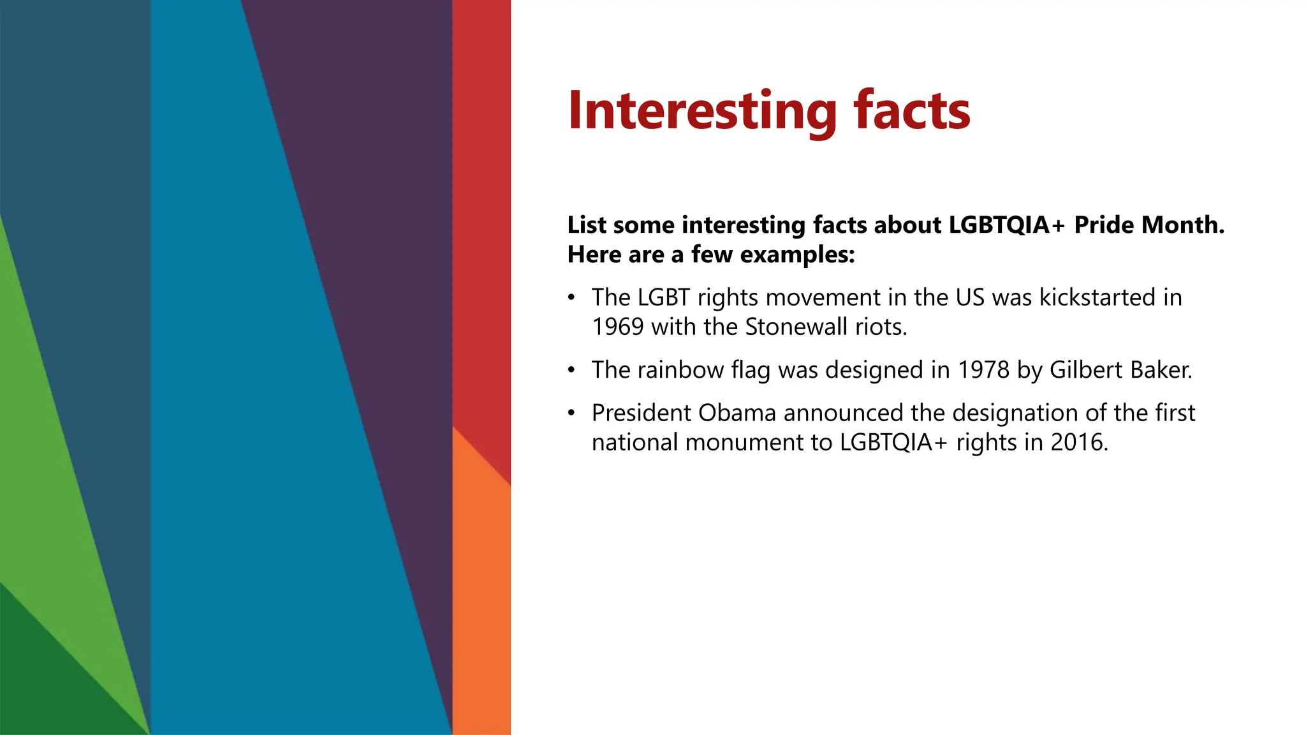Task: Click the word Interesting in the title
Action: [x=702, y=111]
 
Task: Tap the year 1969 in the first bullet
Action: [x=617, y=327]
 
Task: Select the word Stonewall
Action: [x=787, y=327]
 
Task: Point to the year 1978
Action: [x=984, y=370]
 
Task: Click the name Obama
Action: [x=737, y=413]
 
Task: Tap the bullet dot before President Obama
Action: [x=572, y=413]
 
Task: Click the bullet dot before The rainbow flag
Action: [x=572, y=370]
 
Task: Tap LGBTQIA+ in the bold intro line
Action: [x=1006, y=225]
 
